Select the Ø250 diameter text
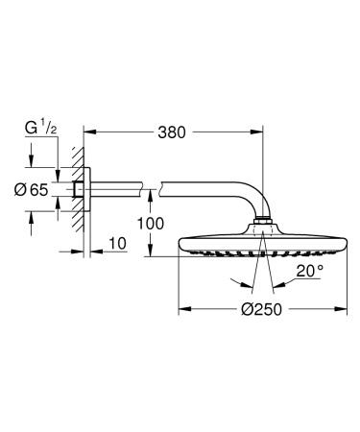pos(260,309)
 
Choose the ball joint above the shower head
pos(262,228)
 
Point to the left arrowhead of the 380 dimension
pos(87,132)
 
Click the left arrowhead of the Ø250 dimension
pos(182,309)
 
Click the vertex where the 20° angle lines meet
pos(262,288)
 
